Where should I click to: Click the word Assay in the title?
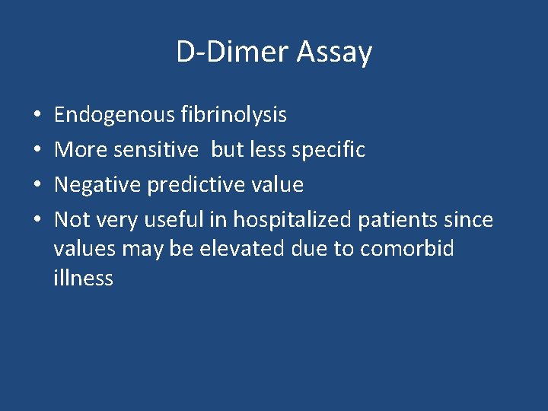[x=334, y=53]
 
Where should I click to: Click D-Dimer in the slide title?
[x=232, y=53]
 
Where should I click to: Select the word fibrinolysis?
[x=234, y=115]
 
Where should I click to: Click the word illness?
[x=83, y=278]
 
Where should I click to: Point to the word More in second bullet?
[x=81, y=150]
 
